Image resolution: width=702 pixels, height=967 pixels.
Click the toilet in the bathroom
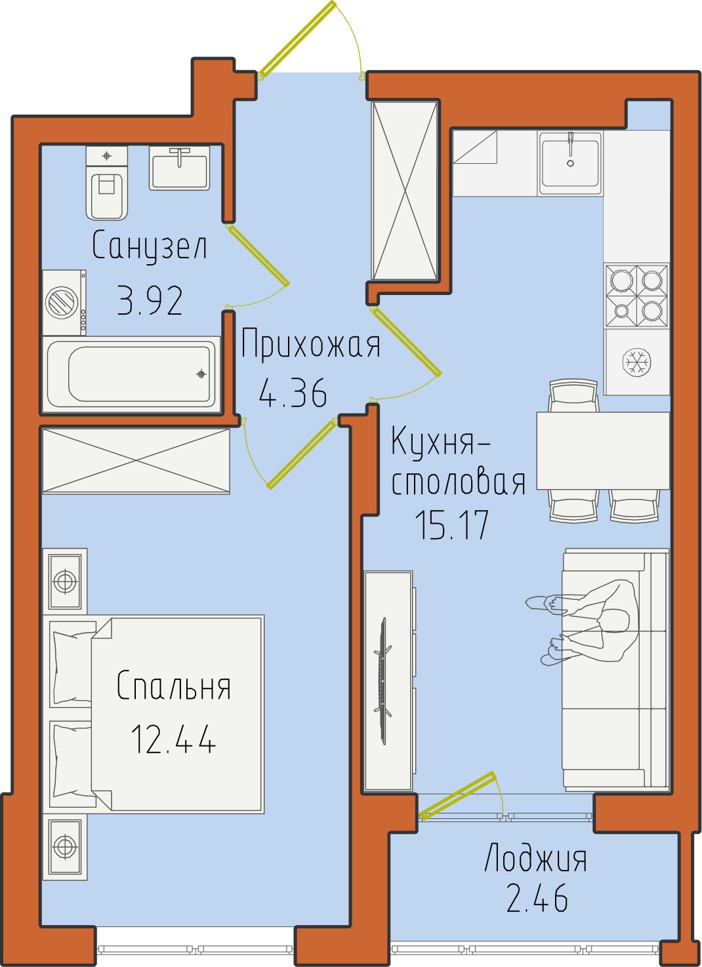pos(107,183)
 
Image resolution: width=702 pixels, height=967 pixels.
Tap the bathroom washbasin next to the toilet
pos(179,168)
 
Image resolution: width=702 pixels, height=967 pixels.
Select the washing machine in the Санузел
pos(64,303)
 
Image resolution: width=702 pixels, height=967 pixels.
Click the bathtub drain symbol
pos(201,374)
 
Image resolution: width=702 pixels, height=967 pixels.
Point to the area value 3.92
pos(150,301)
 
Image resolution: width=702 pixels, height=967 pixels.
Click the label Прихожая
pos(310,344)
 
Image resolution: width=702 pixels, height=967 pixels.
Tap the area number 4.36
pos(293,393)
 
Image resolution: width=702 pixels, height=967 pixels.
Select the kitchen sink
pos(570,164)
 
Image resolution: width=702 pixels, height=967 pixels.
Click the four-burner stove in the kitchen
pos(637,296)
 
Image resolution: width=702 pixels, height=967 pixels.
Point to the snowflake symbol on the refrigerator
pos(637,361)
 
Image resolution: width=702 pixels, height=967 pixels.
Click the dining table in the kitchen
pos(603,450)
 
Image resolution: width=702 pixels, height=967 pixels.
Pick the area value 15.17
pos(451,524)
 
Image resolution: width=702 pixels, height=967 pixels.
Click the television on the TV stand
pos(383,681)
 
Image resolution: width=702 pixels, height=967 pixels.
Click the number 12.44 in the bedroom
pos(173,739)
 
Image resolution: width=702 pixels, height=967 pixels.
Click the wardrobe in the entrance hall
pos(405,191)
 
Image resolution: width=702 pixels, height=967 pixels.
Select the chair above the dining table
pos(573,396)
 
